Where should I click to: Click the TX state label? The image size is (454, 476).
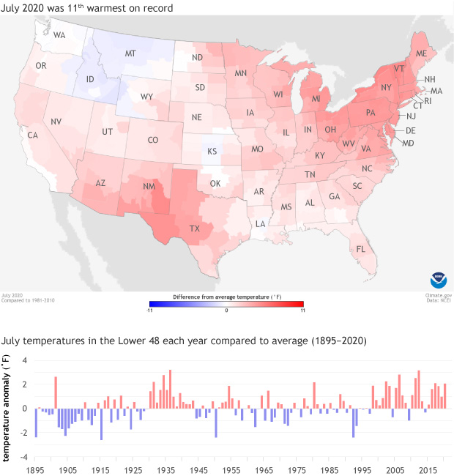(194, 228)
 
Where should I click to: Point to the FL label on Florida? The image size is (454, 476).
(360, 249)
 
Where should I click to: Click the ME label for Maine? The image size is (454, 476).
(421, 55)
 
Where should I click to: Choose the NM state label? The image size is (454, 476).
(149, 187)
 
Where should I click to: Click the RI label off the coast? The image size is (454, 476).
(428, 101)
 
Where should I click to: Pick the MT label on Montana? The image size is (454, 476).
(130, 54)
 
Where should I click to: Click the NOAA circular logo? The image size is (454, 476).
(438, 280)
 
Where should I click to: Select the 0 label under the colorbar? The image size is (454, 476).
(227, 310)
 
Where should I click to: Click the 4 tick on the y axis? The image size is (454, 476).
(24, 360)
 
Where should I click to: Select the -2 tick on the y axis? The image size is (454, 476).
(23, 432)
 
